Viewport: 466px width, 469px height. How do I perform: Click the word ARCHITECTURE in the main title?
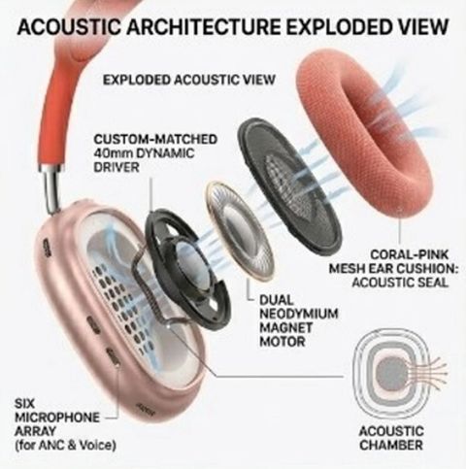coord(203,27)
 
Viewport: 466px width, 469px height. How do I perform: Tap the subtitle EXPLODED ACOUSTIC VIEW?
coord(189,80)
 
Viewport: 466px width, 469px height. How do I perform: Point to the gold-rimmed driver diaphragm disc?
coord(239,230)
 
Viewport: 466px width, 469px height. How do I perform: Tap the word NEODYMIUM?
coord(299,314)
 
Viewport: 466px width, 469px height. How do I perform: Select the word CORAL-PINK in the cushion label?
coord(410,254)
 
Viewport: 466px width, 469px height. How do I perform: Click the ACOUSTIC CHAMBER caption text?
coord(391,438)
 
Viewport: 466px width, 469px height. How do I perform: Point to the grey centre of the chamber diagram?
coord(392,374)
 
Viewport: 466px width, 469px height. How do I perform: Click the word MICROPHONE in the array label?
coord(57,418)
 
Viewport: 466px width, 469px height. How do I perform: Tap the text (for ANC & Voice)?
coord(65,446)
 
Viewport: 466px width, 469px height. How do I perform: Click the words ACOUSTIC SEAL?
coord(400,283)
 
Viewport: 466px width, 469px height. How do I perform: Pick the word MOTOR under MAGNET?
coord(283,342)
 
